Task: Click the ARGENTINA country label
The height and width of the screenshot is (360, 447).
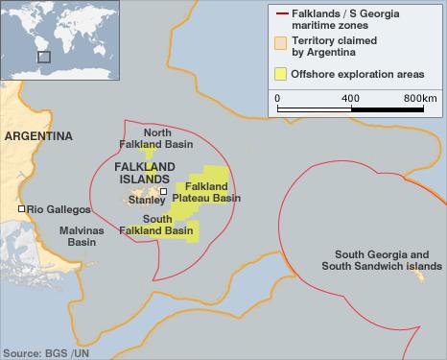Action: click(38, 137)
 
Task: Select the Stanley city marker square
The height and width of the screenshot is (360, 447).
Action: click(164, 192)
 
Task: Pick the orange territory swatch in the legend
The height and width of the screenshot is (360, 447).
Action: click(280, 43)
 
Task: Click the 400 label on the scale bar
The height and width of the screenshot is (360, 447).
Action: click(351, 99)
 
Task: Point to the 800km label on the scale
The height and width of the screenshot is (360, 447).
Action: click(419, 99)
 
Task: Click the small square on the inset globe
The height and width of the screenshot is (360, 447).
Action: click(43, 57)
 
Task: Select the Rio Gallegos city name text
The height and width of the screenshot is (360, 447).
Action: click(59, 209)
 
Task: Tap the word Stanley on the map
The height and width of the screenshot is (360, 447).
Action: click(146, 202)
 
